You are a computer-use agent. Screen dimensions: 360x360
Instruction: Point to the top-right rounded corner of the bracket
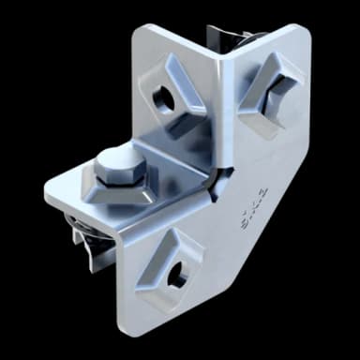(305, 32)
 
